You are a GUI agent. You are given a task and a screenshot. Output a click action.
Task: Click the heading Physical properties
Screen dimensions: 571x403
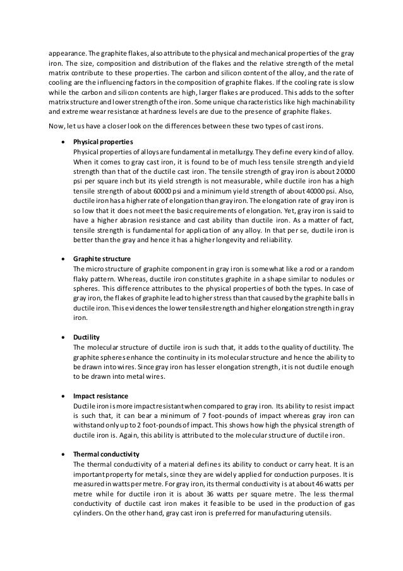coord(101,142)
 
